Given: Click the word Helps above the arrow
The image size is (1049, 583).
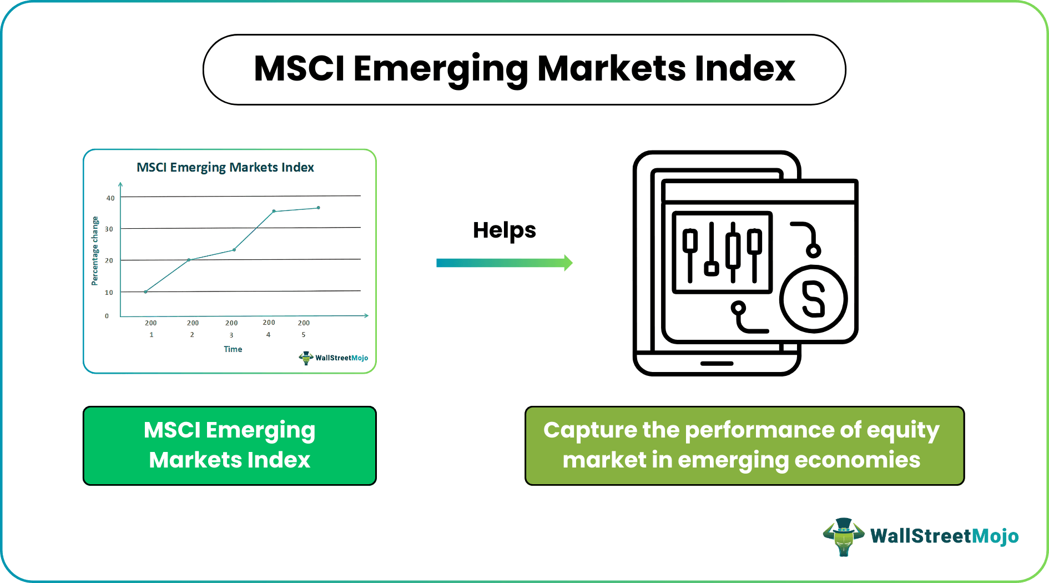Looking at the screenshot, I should [504, 230].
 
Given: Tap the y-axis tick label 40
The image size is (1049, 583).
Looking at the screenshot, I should [110, 198].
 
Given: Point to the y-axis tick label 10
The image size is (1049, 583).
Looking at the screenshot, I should [109, 293].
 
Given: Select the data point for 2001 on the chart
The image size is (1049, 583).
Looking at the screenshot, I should [145, 291].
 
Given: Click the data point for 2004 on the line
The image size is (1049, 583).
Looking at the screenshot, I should [274, 211].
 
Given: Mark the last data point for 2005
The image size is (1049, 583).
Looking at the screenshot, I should [318, 208].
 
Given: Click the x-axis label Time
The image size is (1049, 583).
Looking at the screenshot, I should [233, 349].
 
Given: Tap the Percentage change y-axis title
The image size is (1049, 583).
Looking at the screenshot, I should [95, 251].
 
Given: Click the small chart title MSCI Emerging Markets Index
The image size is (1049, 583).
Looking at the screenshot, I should [225, 167].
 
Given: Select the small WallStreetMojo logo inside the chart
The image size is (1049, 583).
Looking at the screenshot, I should [333, 358].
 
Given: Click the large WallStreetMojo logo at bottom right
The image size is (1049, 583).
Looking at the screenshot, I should [921, 536].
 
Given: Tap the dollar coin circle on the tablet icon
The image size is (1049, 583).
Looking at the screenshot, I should [813, 299].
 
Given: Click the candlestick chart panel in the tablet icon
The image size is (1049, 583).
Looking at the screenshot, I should [722, 252].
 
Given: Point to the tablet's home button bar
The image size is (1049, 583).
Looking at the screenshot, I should [717, 364].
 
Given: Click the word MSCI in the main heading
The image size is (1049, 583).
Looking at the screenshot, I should [299, 69].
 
